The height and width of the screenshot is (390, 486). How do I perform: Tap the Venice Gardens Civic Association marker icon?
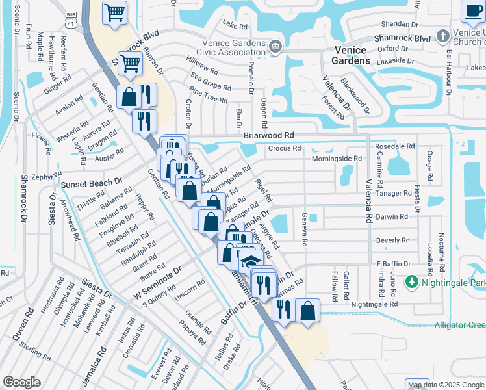pos(275,46)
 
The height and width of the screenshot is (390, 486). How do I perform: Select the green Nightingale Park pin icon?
pos(411,281)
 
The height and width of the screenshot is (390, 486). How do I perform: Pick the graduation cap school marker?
pos(249,261)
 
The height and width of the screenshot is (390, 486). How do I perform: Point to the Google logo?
pos(21,382)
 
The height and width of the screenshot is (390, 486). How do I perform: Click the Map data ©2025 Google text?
pos(445,385)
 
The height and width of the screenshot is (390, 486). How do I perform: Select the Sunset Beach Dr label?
pos(91,184)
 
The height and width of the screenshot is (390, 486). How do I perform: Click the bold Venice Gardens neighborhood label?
pos(352,55)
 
